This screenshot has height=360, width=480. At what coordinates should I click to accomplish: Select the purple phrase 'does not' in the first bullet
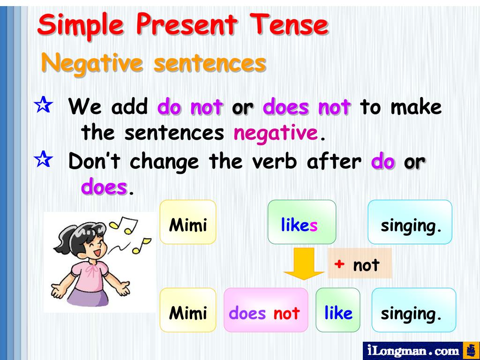tap(307, 107)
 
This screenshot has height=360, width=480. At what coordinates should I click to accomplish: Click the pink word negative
tap(276, 134)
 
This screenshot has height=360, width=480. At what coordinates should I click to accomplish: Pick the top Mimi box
tap(188, 222)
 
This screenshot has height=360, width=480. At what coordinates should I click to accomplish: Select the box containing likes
tap(301, 222)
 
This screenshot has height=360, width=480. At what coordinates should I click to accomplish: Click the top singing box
tap(410, 222)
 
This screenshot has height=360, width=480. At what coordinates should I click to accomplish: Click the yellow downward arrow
tap(304, 264)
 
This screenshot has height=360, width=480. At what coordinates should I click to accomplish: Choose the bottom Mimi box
tap(188, 310)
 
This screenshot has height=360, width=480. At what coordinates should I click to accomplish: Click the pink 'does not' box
tap(265, 310)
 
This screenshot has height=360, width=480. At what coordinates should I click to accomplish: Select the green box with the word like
tap(338, 310)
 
